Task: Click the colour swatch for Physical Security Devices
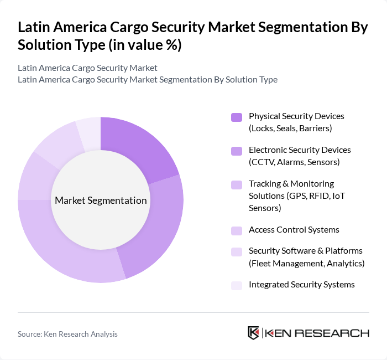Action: tap(237, 117)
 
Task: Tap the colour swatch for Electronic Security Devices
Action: tap(237, 151)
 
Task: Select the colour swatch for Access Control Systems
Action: tap(237, 230)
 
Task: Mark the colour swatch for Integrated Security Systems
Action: tap(237, 285)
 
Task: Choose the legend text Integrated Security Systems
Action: tap(301, 285)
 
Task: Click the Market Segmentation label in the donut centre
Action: tap(101, 200)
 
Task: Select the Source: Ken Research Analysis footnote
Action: tap(67, 334)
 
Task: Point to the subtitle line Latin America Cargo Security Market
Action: tap(87, 68)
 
